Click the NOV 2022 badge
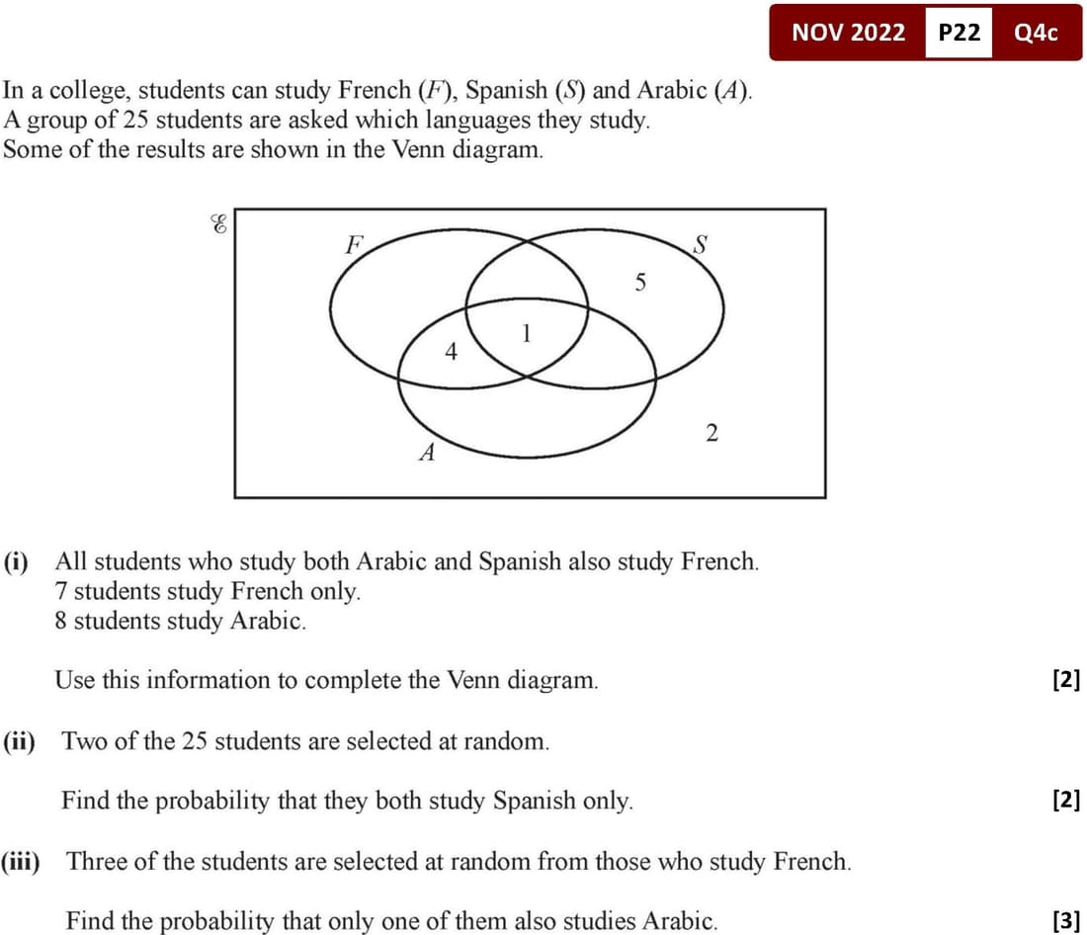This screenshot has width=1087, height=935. [x=848, y=33]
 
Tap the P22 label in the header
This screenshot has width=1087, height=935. [x=959, y=33]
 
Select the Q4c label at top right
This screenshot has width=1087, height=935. [x=1036, y=33]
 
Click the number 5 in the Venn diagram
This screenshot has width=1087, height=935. [x=640, y=284]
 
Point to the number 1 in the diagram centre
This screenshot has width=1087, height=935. [x=527, y=334]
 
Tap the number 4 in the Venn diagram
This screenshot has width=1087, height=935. [x=452, y=351]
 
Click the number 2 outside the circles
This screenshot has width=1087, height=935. [x=711, y=432]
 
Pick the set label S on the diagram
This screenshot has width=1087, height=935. [x=700, y=244]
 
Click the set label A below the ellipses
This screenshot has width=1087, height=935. [x=428, y=454]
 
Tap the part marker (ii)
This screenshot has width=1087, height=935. [x=19, y=741]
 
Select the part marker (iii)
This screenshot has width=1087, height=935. [x=21, y=861]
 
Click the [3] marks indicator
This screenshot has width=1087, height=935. [x=1066, y=922]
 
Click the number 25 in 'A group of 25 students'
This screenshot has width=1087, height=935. [x=127, y=122]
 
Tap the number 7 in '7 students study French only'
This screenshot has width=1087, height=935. [x=61, y=592]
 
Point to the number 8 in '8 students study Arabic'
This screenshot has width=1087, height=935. [x=61, y=622]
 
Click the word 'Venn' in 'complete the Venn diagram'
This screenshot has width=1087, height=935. [x=474, y=680]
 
